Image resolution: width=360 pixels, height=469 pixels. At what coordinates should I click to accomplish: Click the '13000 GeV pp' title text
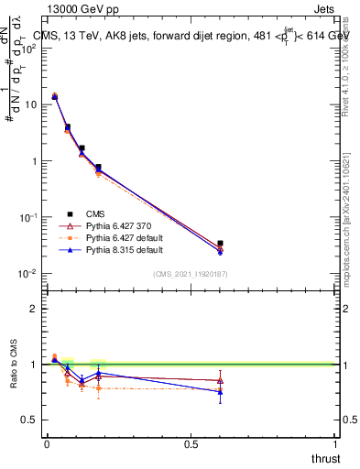pyautogui.click(x=82, y=9)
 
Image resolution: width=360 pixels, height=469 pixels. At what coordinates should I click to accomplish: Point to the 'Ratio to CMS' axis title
pyautogui.click(x=14, y=365)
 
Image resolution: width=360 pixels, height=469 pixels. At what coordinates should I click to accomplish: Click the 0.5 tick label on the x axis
pyautogui.click(x=191, y=444)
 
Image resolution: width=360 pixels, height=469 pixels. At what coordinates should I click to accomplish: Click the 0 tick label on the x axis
pyautogui.click(x=47, y=444)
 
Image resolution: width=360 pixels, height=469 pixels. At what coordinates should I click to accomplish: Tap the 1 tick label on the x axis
pyautogui.click(x=336, y=444)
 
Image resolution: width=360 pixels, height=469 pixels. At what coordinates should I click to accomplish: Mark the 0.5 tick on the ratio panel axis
pyautogui.click(x=31, y=420)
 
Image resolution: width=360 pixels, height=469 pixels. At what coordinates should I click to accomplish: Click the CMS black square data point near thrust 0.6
pyautogui.click(x=220, y=244)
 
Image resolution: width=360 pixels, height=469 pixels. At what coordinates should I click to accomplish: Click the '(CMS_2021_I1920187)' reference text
pyautogui.click(x=190, y=273)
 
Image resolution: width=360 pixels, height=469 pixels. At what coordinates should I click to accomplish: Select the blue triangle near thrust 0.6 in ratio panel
pyautogui.click(x=220, y=392)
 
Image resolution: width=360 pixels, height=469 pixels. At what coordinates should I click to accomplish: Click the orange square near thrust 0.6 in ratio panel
pyautogui.click(x=220, y=389)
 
